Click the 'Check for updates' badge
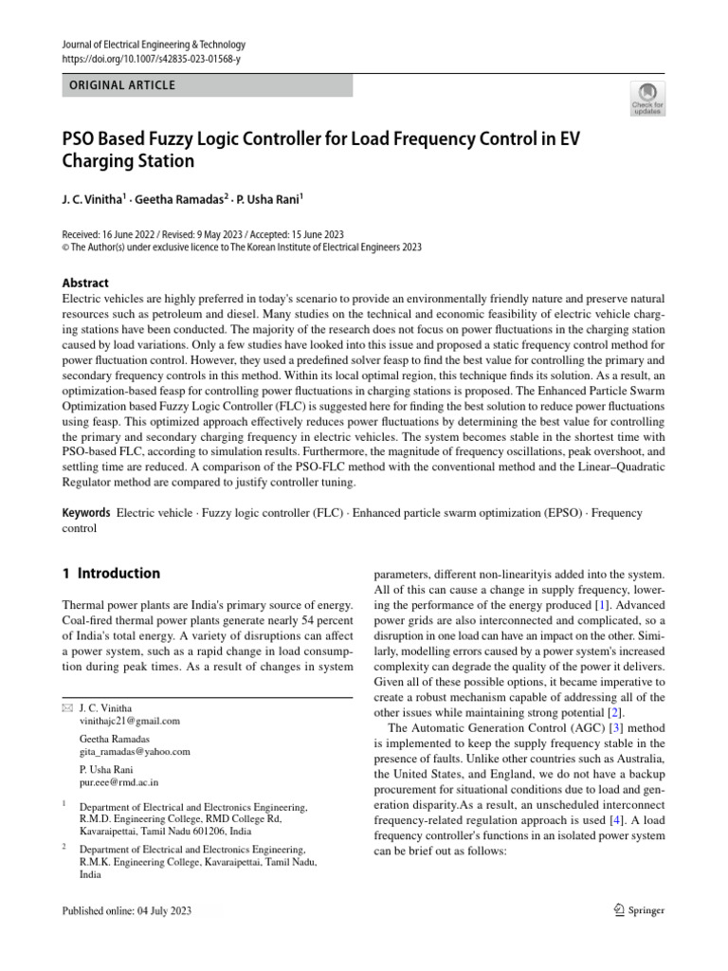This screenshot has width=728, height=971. click(646, 97)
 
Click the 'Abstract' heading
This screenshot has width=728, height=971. click(85, 283)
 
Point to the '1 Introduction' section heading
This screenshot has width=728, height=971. click(111, 574)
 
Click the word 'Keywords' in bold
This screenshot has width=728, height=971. click(86, 513)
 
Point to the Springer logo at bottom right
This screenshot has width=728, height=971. click(635, 910)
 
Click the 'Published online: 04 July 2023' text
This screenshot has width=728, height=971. click(126, 911)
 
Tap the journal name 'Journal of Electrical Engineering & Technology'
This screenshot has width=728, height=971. click(153, 45)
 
